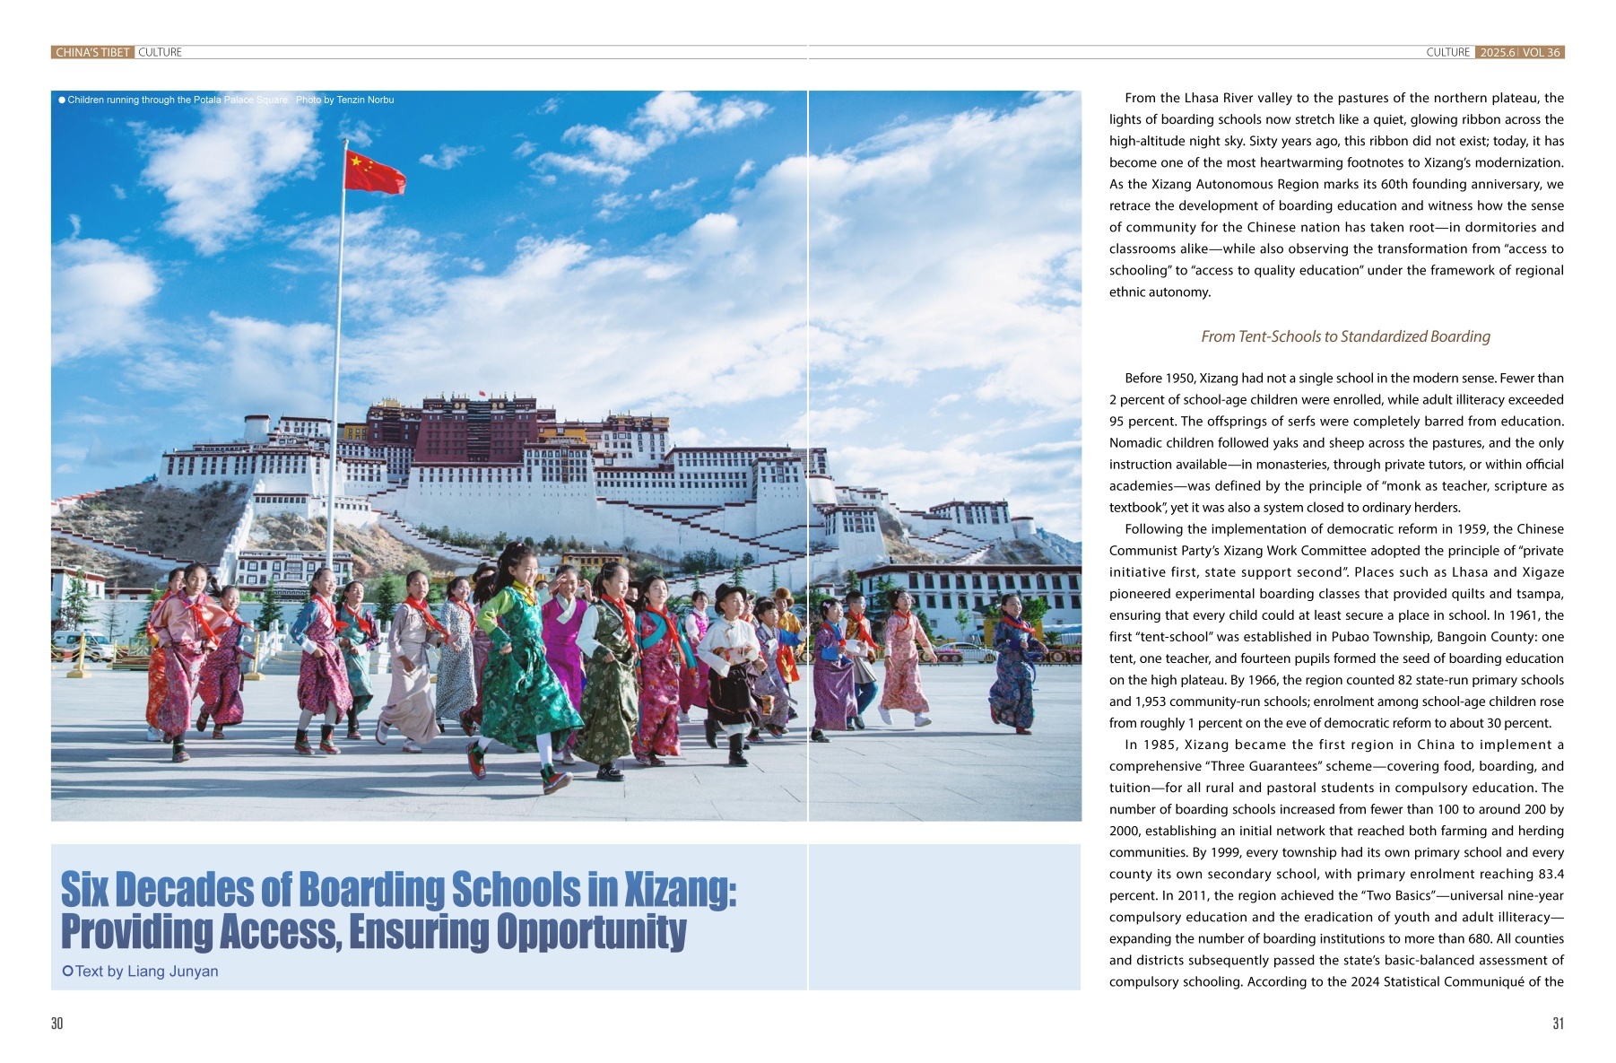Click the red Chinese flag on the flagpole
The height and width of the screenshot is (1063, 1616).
coord(372,172)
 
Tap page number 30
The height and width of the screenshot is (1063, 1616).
coord(57,1024)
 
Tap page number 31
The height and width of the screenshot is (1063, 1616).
coord(1558,1024)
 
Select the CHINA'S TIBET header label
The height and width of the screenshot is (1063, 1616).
coord(92,53)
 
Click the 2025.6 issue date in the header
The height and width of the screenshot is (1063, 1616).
coord(1497,53)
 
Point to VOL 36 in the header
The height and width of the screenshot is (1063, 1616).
coord(1542,53)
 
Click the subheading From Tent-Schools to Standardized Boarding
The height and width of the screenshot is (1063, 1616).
coord(1345,336)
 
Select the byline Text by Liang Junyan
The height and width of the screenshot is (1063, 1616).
coord(146,971)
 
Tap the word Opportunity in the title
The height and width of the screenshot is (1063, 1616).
coord(592,932)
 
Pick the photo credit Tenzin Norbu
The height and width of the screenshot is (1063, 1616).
coord(365,100)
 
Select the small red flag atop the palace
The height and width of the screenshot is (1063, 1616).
coord(482,394)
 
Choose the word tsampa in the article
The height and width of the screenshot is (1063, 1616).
coord(1540,594)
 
